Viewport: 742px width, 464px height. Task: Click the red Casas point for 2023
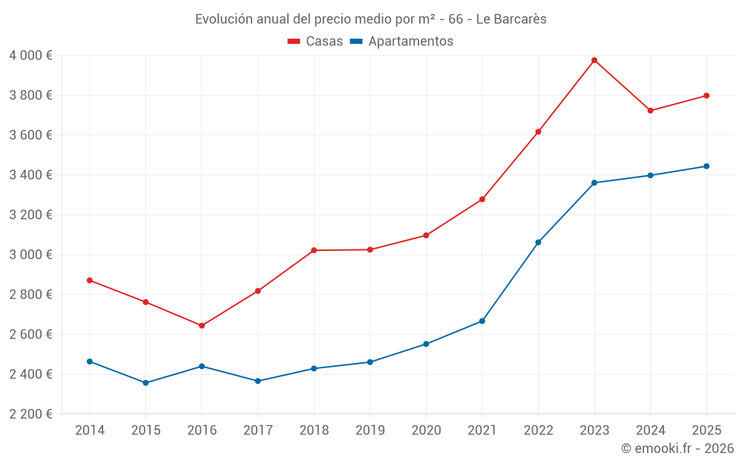594,60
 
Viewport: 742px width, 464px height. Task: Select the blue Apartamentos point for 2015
145,383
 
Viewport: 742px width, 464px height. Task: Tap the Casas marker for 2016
202,326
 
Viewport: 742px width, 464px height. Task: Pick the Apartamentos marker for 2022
538,242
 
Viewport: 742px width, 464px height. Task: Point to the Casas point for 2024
650,111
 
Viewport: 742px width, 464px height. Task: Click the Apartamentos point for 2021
482,321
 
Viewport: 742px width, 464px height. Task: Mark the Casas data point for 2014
90,281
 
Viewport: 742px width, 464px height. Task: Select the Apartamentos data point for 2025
706,166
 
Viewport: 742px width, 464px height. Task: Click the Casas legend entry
315,42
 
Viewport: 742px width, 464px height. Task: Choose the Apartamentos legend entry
401,42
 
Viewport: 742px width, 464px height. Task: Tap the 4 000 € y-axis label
30,56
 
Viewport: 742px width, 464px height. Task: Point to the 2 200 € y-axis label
30,414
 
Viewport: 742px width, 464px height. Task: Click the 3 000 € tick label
30,255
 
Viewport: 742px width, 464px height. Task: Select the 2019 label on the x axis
370,430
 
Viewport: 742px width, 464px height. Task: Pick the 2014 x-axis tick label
90,430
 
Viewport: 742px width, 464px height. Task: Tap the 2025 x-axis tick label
706,430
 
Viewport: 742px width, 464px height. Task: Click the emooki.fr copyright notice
677,448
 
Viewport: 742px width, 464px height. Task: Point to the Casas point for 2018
314,250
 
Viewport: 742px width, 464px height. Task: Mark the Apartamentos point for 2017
257,381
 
